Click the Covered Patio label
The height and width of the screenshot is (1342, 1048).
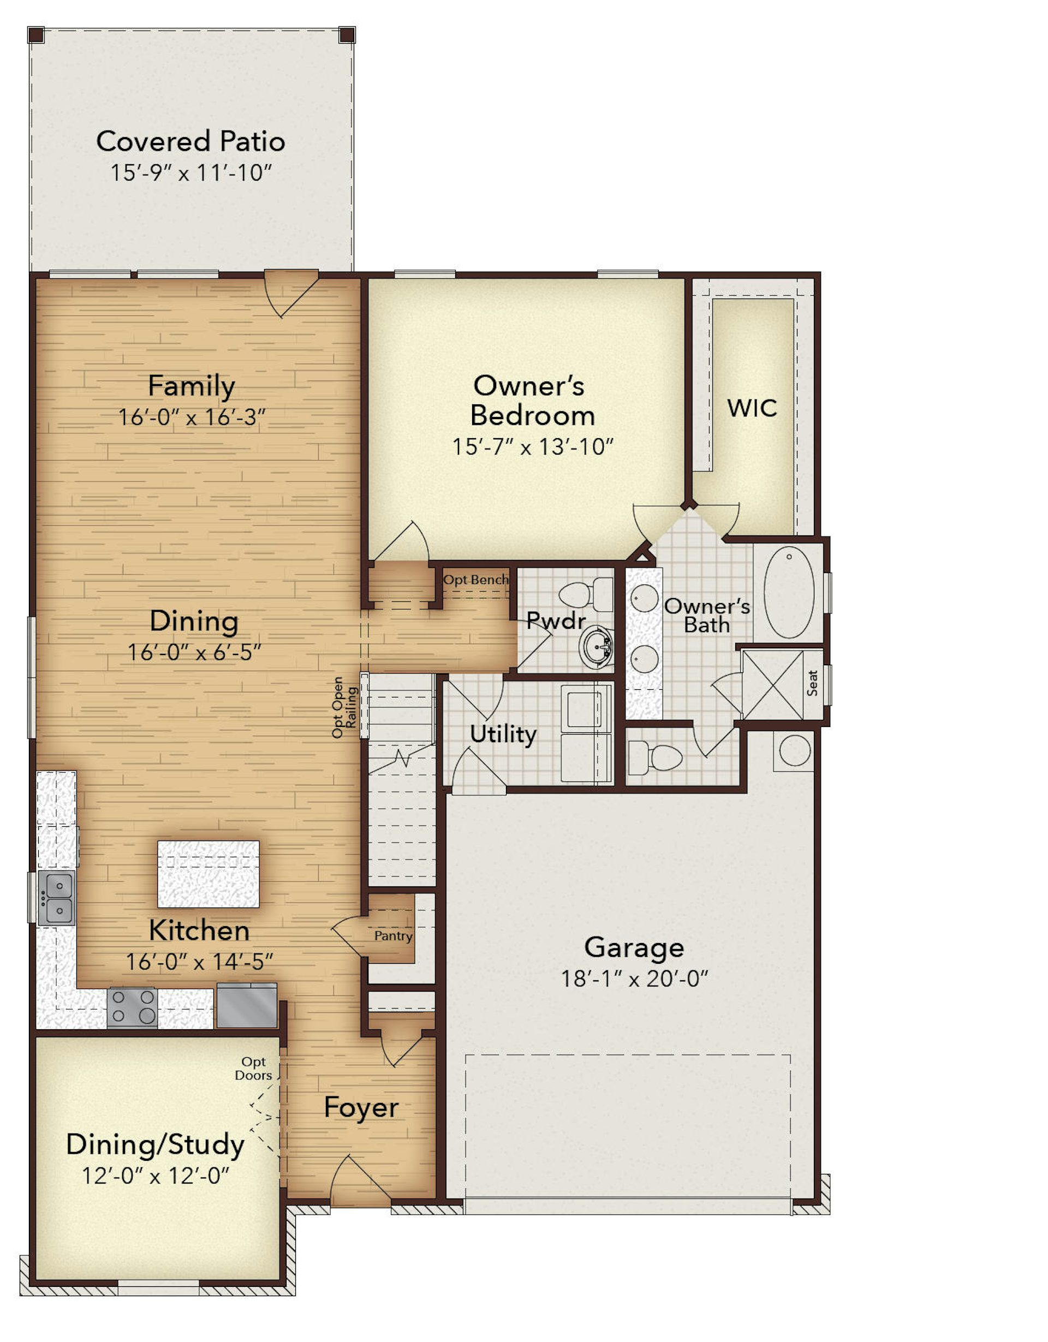tap(190, 141)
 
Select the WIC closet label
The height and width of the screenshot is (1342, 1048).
tap(752, 408)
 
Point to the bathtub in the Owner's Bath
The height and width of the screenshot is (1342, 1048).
tap(789, 592)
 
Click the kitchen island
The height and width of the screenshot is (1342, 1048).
tap(209, 874)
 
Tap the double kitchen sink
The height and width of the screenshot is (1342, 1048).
tap(57, 898)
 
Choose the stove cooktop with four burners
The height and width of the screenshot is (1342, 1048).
tap(132, 1008)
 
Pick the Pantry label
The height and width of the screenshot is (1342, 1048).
tap(394, 936)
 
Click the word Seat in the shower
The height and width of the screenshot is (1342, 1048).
tap(813, 683)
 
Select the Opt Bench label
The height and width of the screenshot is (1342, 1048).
tap(476, 580)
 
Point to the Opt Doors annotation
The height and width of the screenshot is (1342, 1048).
tap(253, 1069)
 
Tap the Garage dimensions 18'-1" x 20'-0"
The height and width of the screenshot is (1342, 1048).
tap(635, 977)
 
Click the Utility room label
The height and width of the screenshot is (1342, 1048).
tap(503, 734)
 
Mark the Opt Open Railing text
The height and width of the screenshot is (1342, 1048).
tap(344, 707)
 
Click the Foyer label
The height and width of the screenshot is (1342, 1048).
tap(361, 1107)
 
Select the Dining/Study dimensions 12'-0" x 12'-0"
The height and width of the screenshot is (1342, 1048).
tap(156, 1176)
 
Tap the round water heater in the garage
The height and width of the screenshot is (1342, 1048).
tap(795, 750)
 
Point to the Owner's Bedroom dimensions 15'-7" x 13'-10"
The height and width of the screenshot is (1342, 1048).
tap(533, 447)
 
